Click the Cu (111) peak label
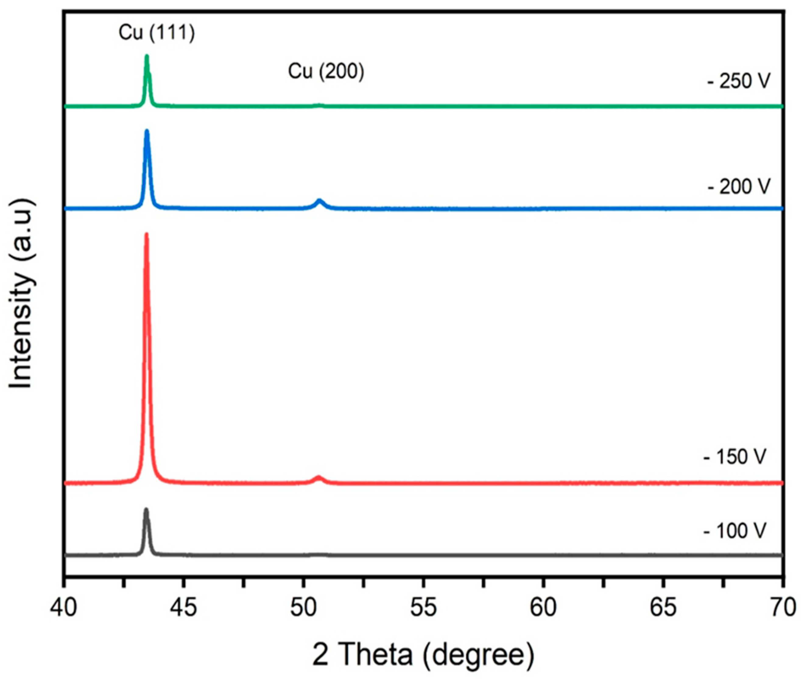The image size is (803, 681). pyautogui.click(x=157, y=33)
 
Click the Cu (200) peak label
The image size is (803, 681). pyautogui.click(x=326, y=72)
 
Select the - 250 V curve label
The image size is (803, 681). pyautogui.click(x=738, y=82)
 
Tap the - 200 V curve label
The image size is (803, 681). pyautogui.click(x=738, y=187)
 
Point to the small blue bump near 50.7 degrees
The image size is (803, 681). pyautogui.click(x=319, y=201)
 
